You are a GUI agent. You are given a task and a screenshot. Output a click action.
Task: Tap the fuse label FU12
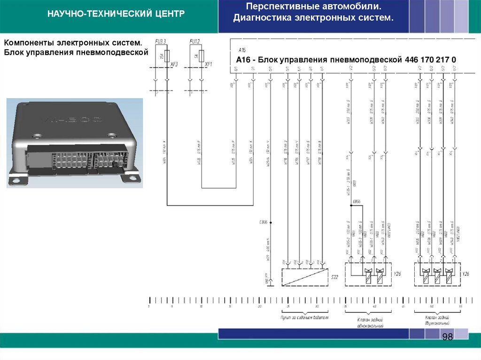click(x=194, y=42)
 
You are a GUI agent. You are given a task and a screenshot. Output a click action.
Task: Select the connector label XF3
click(x=174, y=64)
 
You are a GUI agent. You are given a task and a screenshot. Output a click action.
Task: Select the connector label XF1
click(x=209, y=64)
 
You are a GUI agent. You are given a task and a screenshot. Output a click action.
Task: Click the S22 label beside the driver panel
click(x=334, y=277)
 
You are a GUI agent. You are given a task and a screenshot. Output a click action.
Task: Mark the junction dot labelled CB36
click(x=270, y=222)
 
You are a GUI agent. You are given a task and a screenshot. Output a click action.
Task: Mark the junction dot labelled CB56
click(x=351, y=205)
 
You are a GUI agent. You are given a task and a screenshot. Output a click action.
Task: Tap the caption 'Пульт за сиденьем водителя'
click(x=304, y=318)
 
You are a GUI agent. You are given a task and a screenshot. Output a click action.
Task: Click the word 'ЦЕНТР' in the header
click(x=169, y=14)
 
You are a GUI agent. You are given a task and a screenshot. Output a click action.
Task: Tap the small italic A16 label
click(x=242, y=49)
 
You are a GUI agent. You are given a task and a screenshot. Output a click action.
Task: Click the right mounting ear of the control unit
click(x=130, y=177)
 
